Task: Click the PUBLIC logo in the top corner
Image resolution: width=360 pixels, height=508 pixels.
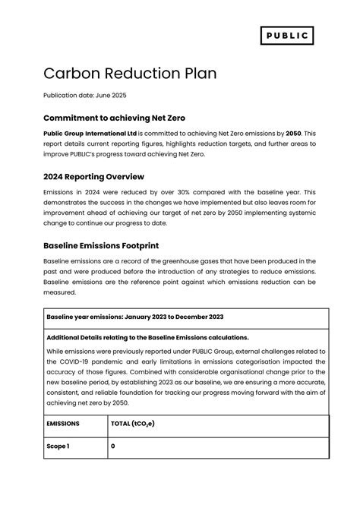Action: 287,36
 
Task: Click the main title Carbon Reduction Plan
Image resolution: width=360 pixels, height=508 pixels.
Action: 130,73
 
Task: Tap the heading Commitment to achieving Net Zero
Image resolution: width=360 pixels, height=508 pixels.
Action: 114,118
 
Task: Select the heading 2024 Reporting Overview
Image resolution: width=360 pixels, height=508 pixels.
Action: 94,176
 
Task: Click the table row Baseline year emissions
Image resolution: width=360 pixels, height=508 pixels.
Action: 134,317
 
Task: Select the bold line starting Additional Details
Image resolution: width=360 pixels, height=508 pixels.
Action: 147,337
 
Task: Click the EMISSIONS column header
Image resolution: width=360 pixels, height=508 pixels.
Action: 63,424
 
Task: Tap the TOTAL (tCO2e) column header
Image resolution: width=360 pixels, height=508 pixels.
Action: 132,424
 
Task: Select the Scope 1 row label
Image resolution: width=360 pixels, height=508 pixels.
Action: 58,446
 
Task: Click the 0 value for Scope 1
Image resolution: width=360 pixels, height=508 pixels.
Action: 113,446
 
